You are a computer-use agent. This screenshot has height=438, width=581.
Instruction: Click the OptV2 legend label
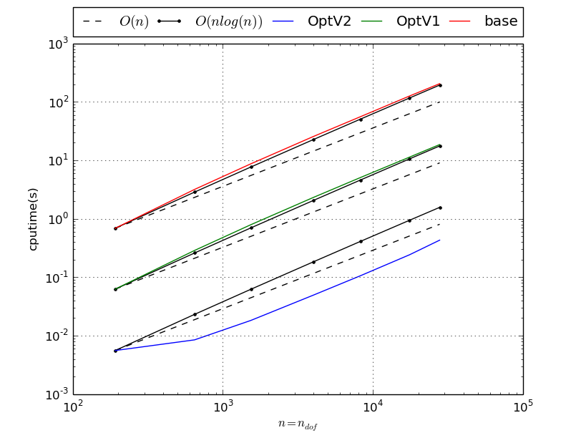coord(329,21)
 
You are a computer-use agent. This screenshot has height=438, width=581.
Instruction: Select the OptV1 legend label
coord(418,21)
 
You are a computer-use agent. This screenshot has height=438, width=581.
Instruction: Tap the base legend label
coord(501,21)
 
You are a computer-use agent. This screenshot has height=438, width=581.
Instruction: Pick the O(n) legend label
coord(134,21)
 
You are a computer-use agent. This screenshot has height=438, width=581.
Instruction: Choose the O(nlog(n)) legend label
coord(229,21)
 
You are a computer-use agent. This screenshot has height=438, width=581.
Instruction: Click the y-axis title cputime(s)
coord(33,219)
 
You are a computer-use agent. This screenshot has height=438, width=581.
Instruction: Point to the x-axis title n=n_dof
coord(298,424)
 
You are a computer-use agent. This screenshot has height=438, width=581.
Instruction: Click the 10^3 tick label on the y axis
coord(57,44)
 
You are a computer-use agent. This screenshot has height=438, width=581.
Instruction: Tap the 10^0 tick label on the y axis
coord(57,219)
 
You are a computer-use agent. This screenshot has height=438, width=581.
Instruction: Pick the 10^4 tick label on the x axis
coord(373,407)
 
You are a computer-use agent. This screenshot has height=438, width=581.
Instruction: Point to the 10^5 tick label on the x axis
coord(522,407)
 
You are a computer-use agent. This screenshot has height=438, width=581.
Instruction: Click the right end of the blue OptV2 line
coord(440,240)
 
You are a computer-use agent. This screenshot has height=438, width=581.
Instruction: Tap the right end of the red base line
coord(440,83)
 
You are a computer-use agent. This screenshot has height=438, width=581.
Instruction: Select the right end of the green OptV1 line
coord(440,144)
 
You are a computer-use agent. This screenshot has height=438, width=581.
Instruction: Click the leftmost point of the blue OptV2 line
coord(115,351)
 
